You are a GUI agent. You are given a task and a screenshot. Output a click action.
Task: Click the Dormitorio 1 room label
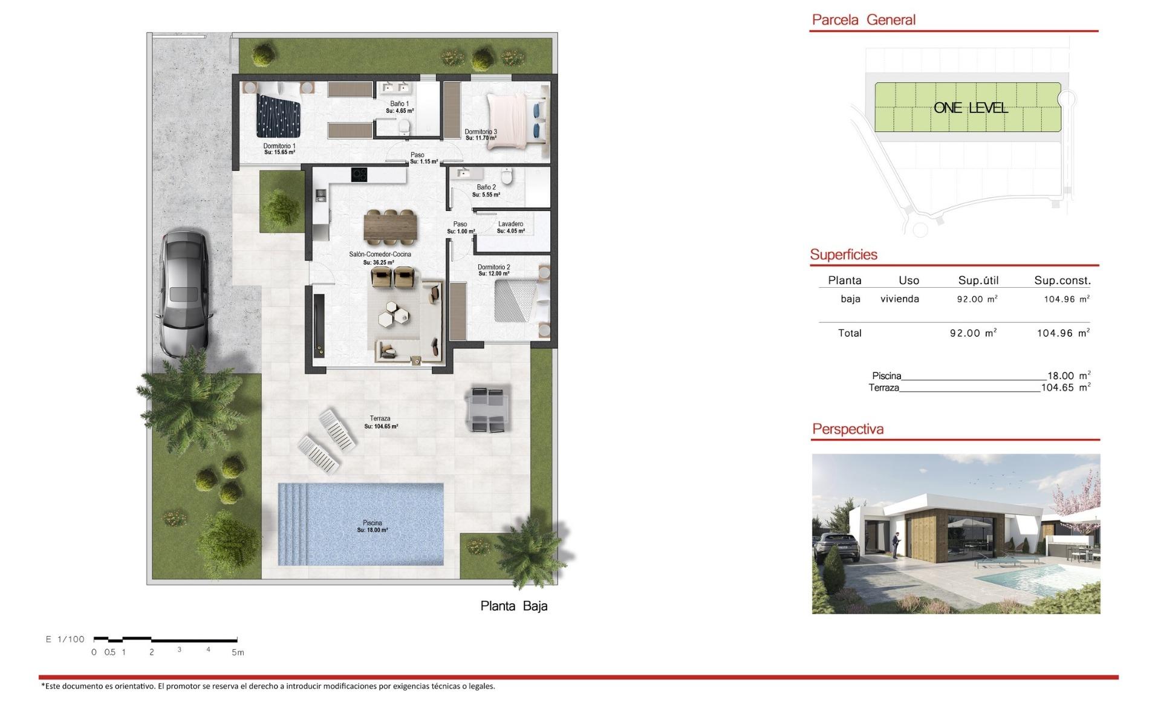pyautogui.click(x=279, y=146)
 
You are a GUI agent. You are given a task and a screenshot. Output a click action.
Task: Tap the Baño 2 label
pyautogui.click(x=486, y=187)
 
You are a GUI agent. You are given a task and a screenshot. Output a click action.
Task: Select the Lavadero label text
pyautogui.click(x=511, y=224)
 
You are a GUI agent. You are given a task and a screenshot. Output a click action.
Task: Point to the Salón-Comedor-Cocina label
pyautogui.click(x=380, y=255)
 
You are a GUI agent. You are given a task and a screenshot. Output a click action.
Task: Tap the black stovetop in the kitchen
pyautogui.click(x=359, y=175)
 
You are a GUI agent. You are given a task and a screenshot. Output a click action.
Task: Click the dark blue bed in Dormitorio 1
pyautogui.click(x=278, y=115)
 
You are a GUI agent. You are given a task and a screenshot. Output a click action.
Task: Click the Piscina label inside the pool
pyautogui.click(x=372, y=523)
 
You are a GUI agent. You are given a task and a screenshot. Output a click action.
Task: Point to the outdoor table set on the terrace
pyautogui.click(x=487, y=409)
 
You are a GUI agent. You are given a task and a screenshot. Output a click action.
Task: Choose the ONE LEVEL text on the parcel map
pyautogui.click(x=971, y=108)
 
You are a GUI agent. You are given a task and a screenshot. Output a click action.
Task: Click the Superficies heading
pyautogui.click(x=844, y=255)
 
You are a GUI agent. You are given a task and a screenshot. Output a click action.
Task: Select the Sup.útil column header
pyautogui.click(x=978, y=281)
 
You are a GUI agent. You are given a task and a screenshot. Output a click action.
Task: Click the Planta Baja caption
pyautogui.click(x=514, y=606)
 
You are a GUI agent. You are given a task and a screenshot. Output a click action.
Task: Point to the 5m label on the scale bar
pyautogui.click(x=238, y=652)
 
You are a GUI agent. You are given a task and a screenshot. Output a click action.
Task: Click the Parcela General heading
pyautogui.click(x=863, y=20)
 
